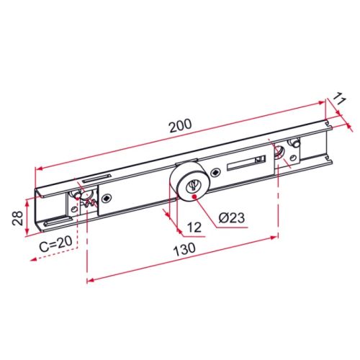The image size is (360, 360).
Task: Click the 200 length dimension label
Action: coord(180,124)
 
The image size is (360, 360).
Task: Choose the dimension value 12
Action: coord(192,228)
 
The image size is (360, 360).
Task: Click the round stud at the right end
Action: coord(295,143)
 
